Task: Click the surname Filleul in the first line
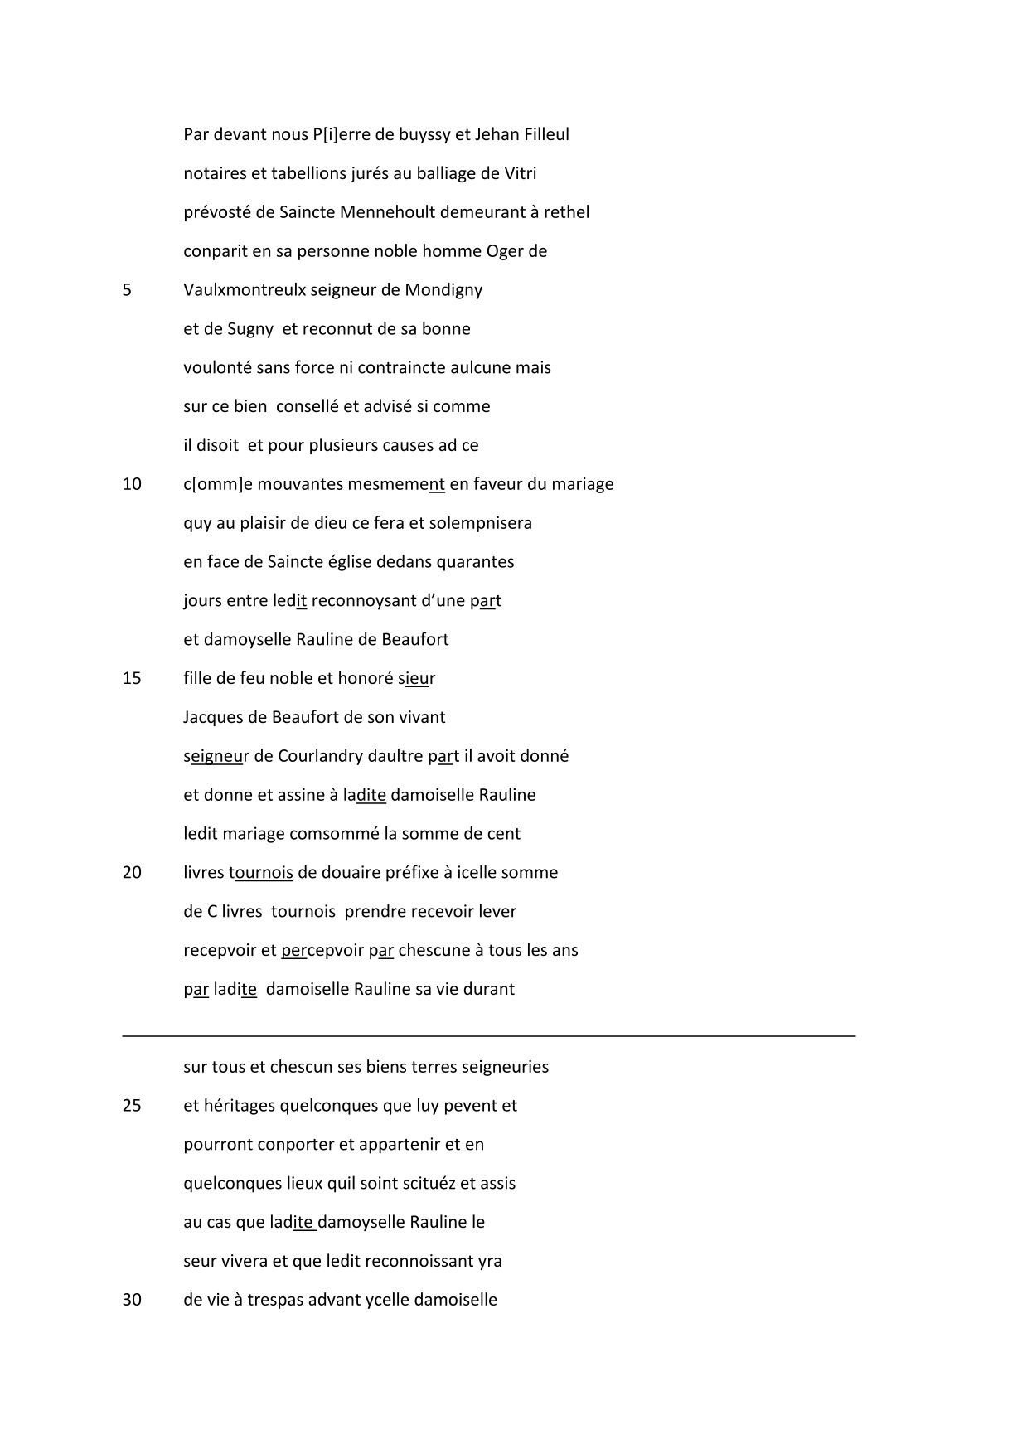(546, 134)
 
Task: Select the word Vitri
(521, 173)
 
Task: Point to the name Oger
(505, 251)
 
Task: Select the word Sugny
(249, 329)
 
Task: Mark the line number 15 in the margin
(132, 678)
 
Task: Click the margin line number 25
(132, 1106)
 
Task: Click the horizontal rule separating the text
(489, 1035)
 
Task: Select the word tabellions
(297, 173)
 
